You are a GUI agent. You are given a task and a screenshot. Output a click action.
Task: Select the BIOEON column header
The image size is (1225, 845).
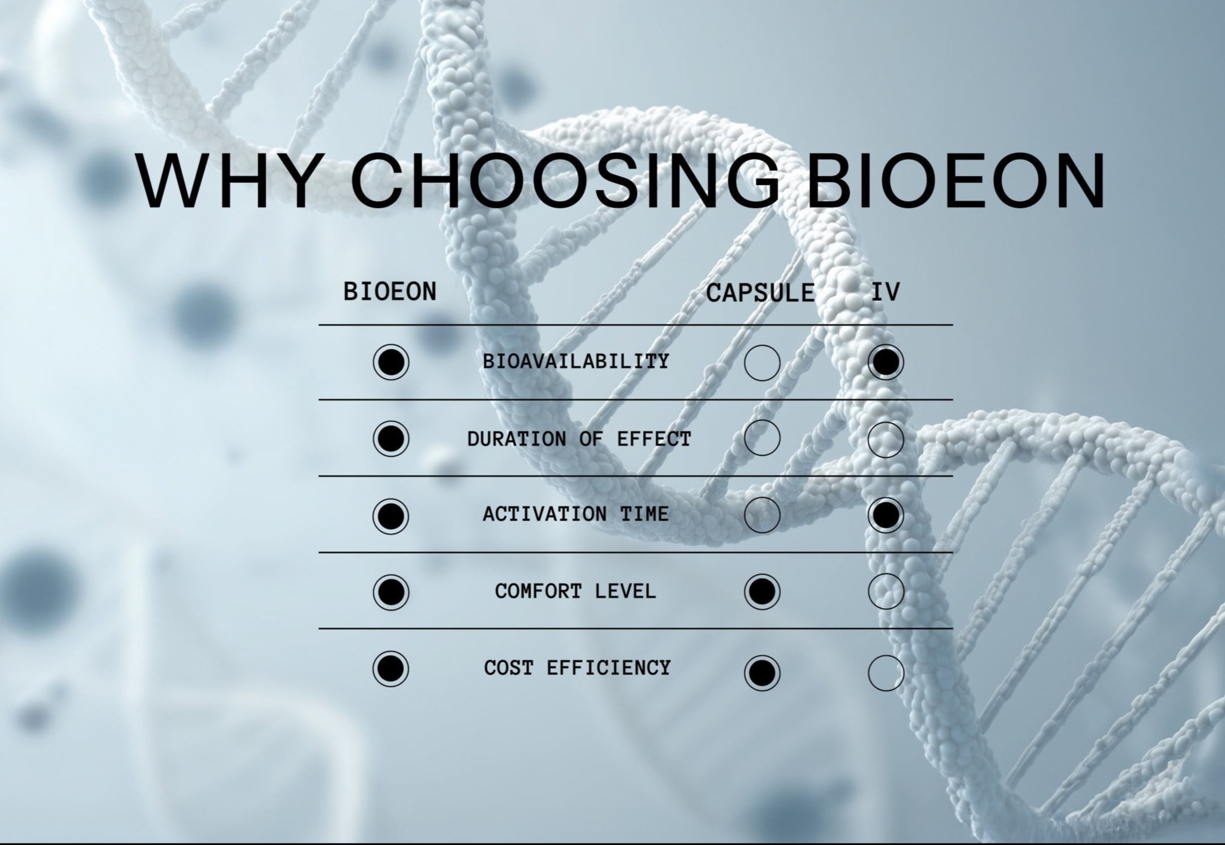[x=390, y=292]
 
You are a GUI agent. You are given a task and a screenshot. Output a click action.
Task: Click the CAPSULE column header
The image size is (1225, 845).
[x=760, y=293]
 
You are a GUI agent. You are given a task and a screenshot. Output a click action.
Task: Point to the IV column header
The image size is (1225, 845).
[x=886, y=292]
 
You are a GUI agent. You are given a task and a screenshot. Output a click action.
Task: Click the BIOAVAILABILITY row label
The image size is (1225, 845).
[x=576, y=361]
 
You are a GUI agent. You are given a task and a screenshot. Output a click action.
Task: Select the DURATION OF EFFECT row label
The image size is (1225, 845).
[x=579, y=439]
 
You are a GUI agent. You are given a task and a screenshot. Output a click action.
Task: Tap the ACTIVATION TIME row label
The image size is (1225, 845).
[x=576, y=514]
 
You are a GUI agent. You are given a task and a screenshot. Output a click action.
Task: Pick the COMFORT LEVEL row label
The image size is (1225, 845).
[x=576, y=591]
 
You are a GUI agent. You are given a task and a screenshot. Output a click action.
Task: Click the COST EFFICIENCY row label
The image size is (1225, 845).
[x=577, y=668]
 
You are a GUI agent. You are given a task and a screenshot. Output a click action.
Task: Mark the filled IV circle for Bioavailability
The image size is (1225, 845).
[x=886, y=362]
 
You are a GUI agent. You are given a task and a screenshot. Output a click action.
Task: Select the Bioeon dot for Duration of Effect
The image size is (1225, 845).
[x=390, y=439]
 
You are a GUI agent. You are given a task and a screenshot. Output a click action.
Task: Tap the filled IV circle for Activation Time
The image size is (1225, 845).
[x=886, y=515]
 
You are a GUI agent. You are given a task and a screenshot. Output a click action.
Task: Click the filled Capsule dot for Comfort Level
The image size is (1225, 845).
[x=762, y=591]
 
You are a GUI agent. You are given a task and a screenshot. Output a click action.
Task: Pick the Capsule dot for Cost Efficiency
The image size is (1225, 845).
[x=762, y=673]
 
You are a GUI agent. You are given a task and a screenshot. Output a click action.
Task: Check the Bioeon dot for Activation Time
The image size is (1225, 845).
[x=390, y=516]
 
